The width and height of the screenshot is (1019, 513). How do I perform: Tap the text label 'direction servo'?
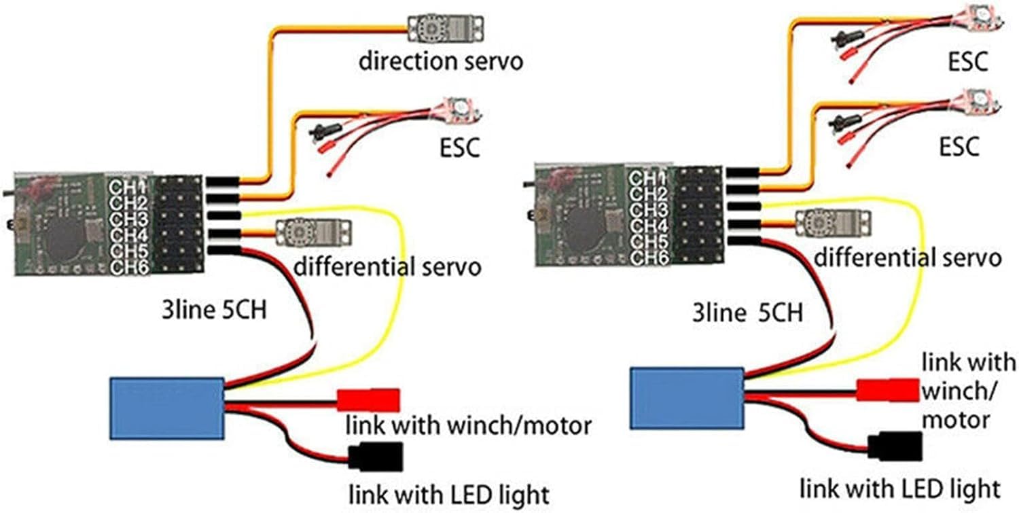pos(442,62)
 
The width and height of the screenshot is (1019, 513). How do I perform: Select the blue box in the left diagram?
pos(167,408)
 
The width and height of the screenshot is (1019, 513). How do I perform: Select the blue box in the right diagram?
pos(687,398)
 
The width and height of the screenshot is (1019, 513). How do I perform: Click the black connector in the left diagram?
pos(376,456)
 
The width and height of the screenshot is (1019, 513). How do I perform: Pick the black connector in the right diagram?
pos(895,446)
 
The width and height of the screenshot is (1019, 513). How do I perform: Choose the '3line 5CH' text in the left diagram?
pos(213,312)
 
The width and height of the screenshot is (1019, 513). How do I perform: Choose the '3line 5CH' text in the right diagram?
pos(747,313)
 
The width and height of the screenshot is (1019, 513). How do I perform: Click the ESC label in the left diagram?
pos(459,147)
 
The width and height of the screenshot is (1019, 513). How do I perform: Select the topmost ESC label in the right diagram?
pos(967,62)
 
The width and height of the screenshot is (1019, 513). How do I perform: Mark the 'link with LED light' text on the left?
pos(448,493)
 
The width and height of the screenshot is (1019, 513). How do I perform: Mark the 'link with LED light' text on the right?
pos(899,488)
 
